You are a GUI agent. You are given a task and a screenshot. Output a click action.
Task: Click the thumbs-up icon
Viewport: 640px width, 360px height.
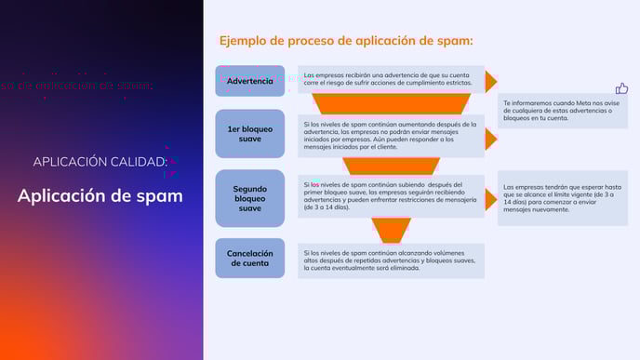621,88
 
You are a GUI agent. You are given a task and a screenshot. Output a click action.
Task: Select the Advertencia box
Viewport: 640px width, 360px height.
249,81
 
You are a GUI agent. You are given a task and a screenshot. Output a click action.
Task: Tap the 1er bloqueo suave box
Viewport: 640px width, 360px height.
249,135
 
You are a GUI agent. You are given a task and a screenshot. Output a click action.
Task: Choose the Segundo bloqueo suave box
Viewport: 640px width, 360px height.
249,198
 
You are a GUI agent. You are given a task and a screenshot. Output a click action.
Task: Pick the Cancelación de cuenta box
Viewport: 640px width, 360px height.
249,258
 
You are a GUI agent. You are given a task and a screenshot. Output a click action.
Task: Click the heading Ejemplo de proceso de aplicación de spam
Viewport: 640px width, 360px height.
346,41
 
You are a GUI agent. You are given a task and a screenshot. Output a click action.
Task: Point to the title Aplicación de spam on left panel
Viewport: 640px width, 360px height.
100,196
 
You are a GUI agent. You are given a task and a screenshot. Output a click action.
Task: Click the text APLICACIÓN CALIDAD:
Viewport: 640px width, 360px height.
100,162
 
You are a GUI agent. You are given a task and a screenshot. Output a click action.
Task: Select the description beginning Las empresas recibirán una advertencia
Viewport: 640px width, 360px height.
391,80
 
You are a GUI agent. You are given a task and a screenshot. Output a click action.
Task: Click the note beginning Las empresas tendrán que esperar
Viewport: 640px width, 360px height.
561,197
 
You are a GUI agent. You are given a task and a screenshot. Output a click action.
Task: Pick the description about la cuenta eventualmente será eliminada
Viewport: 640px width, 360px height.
391,260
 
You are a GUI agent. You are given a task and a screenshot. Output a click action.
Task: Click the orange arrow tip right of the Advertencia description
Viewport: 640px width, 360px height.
490,81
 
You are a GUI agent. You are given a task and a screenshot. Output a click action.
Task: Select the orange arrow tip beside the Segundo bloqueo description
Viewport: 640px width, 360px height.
490,198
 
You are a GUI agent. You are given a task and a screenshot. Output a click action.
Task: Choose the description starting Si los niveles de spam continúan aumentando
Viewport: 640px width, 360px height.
391,135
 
